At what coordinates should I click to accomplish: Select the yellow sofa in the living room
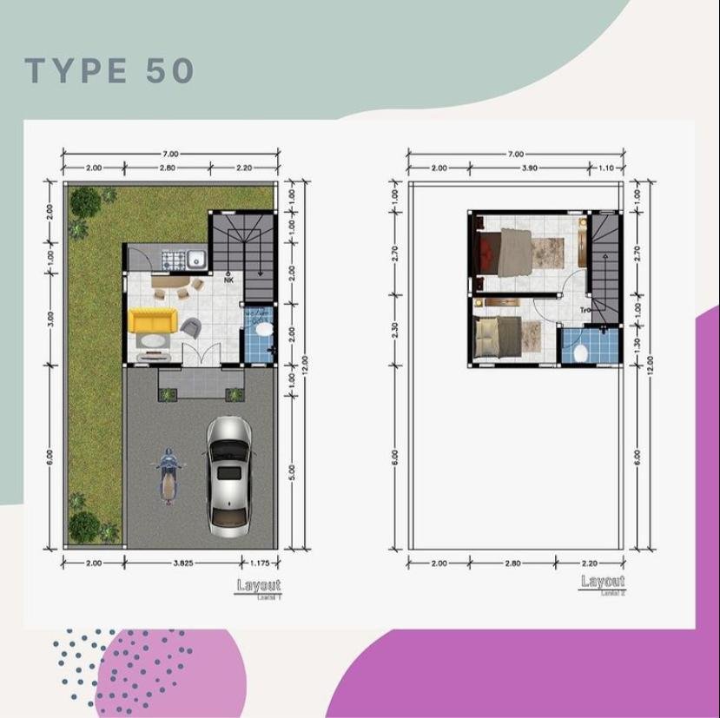[x=152, y=321]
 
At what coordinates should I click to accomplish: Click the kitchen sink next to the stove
[x=196, y=258]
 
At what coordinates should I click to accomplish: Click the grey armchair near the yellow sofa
[x=191, y=327]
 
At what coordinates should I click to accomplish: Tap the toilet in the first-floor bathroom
[x=261, y=331]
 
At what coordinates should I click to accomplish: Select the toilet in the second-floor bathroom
[x=582, y=352]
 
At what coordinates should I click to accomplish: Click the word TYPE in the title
[x=76, y=72]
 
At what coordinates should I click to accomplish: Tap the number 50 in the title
[x=170, y=72]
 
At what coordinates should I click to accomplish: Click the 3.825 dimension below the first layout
[x=182, y=563]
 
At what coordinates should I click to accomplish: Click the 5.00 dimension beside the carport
[x=293, y=471]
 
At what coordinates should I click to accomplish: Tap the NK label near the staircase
[x=228, y=280]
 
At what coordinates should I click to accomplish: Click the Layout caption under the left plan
[x=259, y=586]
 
